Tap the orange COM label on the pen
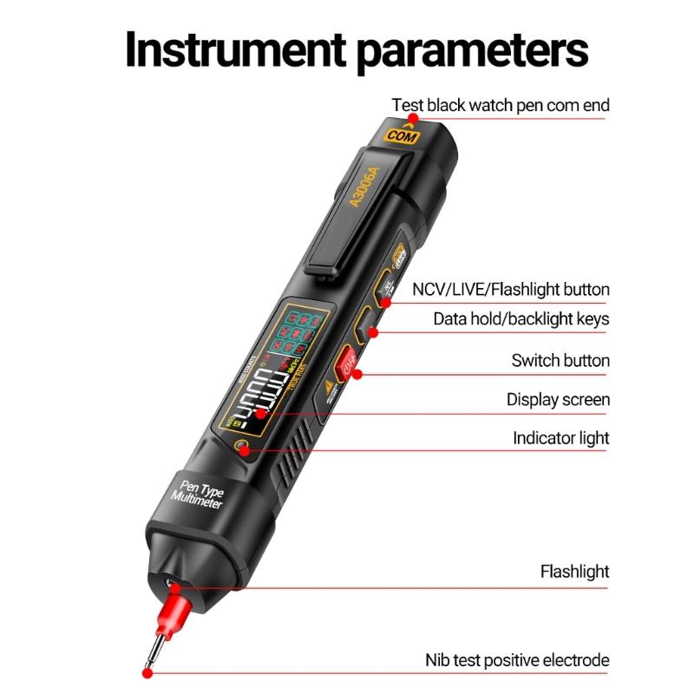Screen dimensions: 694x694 pyautogui.click(x=402, y=135)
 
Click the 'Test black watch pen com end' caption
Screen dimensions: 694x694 pyautogui.click(x=501, y=105)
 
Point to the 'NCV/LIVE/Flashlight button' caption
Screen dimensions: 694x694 pyautogui.click(x=511, y=289)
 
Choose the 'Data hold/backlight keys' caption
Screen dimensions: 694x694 pyautogui.click(x=521, y=319)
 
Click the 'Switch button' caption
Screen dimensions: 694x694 pyautogui.click(x=560, y=360)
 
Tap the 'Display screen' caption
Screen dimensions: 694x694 pyautogui.click(x=558, y=400)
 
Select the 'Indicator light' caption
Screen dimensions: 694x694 pyautogui.click(x=560, y=438)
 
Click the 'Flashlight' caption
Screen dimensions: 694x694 pyautogui.click(x=574, y=572)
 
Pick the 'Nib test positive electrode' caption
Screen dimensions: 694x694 pyautogui.click(x=517, y=660)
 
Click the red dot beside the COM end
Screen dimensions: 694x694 pyautogui.click(x=413, y=117)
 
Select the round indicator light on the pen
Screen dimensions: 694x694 pyautogui.click(x=242, y=448)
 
